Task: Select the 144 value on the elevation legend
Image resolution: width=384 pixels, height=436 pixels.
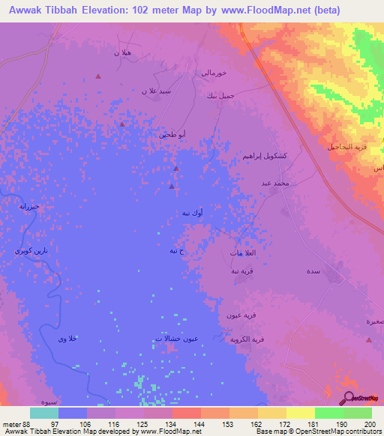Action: coord(199,423)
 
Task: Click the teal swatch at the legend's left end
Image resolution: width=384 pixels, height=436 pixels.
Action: coord(43,413)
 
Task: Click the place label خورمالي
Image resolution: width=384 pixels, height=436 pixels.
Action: coord(210,73)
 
